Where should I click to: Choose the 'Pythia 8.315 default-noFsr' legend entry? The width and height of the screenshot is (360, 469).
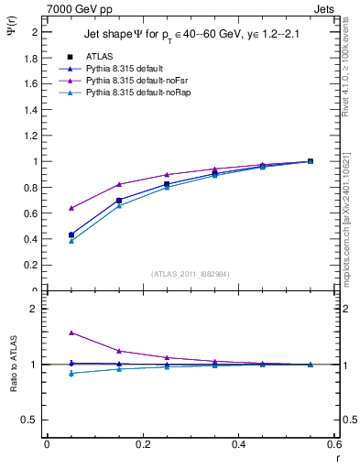click(x=136, y=81)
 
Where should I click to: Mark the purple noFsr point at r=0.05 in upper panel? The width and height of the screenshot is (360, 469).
click(x=71, y=208)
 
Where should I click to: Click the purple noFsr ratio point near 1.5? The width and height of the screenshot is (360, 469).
click(x=71, y=333)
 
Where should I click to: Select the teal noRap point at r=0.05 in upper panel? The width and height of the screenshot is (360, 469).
click(x=71, y=241)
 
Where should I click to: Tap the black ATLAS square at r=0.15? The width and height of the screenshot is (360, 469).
click(x=119, y=200)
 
